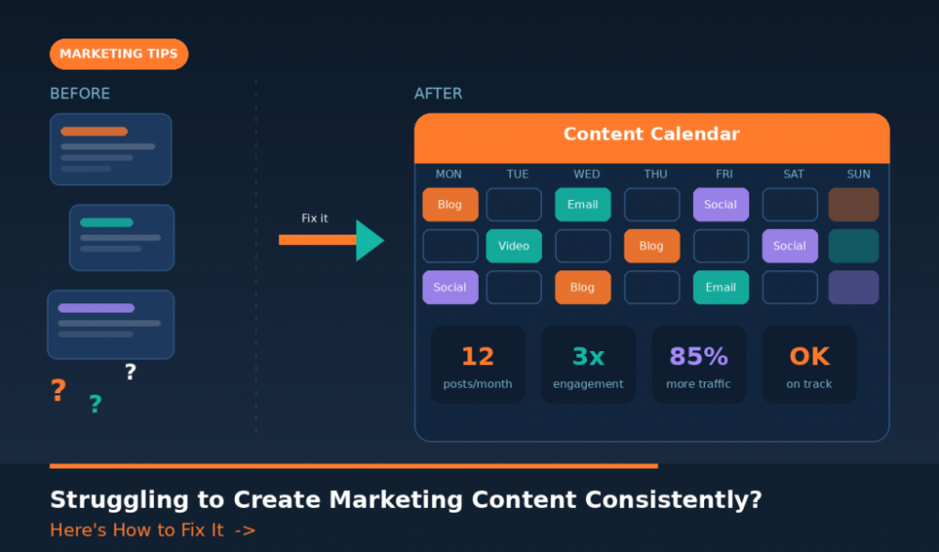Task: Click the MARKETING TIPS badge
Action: tap(118, 54)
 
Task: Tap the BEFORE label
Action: tap(80, 94)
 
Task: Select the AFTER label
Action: tap(439, 94)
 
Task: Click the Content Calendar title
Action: tap(652, 134)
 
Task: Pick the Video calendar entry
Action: tap(514, 246)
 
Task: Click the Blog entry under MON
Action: tap(450, 205)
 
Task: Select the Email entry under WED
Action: tap(582, 205)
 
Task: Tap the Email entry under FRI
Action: tap(720, 287)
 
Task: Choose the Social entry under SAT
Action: tap(790, 246)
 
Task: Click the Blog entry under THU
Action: tap(652, 246)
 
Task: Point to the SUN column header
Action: tap(858, 175)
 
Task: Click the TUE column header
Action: tap(517, 175)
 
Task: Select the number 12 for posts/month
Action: tap(478, 357)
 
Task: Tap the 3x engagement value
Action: tap(588, 357)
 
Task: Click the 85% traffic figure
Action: tap(699, 357)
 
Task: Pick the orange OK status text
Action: tap(808, 357)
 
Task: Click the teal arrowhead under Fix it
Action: tap(369, 240)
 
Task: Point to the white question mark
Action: tap(131, 373)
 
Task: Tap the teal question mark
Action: tap(95, 405)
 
